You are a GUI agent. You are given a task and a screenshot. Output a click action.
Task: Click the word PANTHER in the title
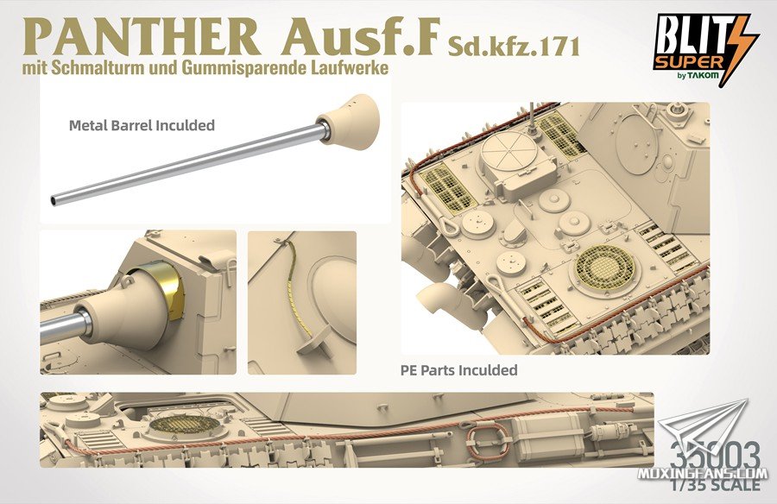[x=142, y=38]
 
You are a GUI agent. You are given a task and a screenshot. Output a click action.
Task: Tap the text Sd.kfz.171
[x=513, y=46]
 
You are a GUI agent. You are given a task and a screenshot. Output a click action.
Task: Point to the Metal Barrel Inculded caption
[x=142, y=125]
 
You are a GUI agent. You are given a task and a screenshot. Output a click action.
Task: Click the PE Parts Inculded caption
[x=459, y=369]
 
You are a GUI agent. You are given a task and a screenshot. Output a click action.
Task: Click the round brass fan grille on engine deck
[x=604, y=268]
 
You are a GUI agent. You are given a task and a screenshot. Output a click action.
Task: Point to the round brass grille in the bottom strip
[x=185, y=425]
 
